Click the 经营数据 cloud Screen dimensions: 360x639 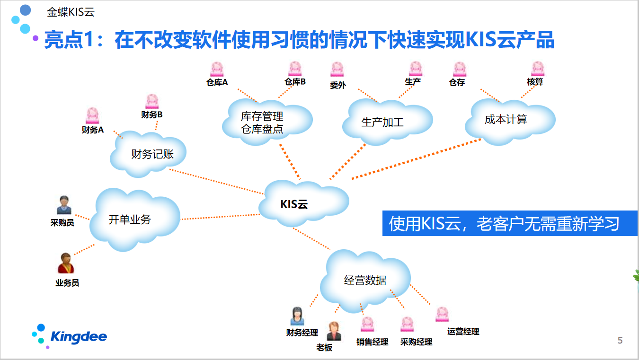click(365, 281)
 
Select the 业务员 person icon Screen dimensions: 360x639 click(66, 263)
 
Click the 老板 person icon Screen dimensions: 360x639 click(334, 331)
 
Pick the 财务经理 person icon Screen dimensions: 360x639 click(297, 316)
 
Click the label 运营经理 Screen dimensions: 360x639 click(463, 332)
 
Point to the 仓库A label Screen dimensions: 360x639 click(217, 82)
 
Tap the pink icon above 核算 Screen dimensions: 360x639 click(537, 69)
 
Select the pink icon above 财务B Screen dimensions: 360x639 click(152, 101)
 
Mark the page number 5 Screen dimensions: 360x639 click(620, 341)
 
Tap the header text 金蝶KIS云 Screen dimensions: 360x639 click(71, 12)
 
